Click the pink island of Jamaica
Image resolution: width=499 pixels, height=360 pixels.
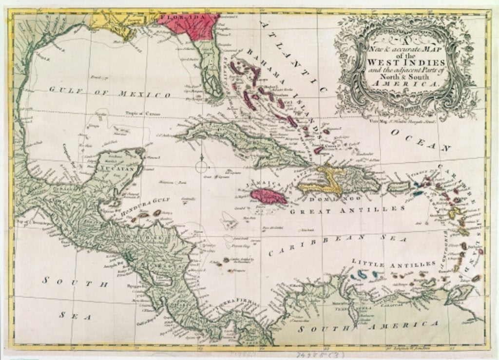[x=269, y=196]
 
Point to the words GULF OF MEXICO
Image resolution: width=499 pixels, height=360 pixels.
[x=109, y=92]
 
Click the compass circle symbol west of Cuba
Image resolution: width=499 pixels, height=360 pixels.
[x=202, y=167]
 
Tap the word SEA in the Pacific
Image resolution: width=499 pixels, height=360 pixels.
[x=75, y=316]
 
